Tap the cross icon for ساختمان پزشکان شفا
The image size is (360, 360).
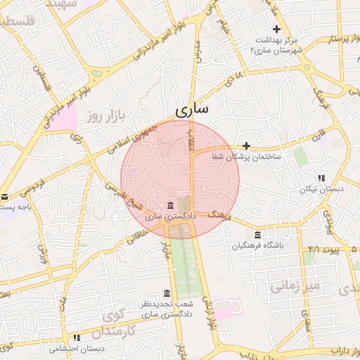coord(246,145)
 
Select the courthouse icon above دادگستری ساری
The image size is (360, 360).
coord(172,205)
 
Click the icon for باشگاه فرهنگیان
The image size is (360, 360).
coord(258,234)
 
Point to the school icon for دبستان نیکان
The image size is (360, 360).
coord(321,178)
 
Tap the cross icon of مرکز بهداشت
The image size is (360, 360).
coord(276,30)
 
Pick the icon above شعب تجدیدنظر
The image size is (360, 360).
coord(167,293)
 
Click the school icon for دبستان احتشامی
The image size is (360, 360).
coord(76,337)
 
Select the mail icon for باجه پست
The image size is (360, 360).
coord(4,198)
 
